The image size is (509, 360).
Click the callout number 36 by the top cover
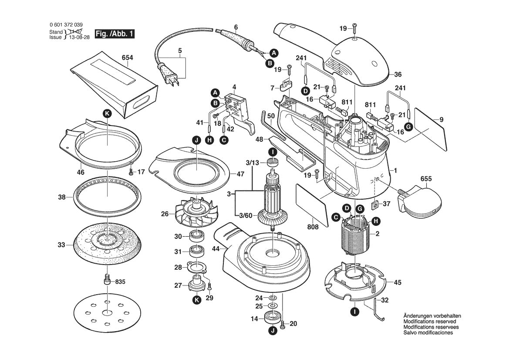point(397,74)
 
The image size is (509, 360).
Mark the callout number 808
point(313,227)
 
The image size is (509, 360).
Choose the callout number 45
point(397,282)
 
